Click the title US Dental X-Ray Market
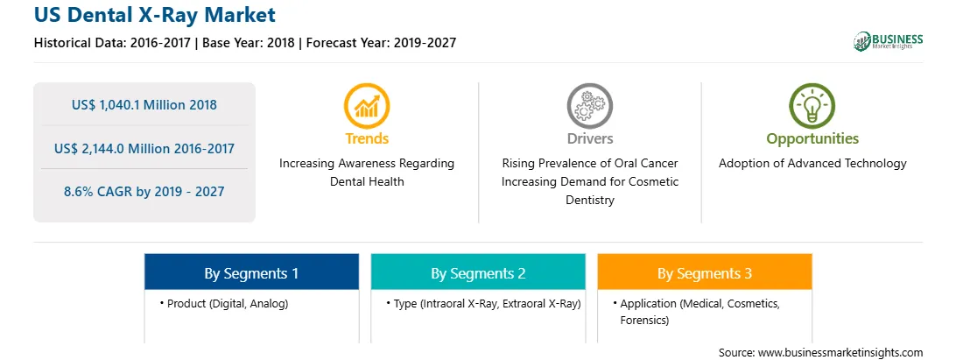[x=154, y=15]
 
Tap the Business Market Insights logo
[x=888, y=41]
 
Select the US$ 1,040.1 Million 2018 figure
[x=144, y=104]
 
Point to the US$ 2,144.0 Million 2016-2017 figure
[x=144, y=148]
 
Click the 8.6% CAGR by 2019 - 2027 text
[x=144, y=191]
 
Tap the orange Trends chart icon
[x=367, y=106]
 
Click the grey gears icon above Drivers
[x=589, y=106]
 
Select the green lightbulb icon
[x=812, y=106]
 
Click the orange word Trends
[x=367, y=138]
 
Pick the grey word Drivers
[x=589, y=138]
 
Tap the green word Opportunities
[x=812, y=138]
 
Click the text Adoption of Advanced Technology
[x=812, y=163]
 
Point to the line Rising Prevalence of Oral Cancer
[x=589, y=163]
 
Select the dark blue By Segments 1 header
[x=251, y=272]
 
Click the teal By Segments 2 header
[x=478, y=272]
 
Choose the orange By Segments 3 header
[x=704, y=272]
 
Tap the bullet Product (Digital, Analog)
[x=224, y=303]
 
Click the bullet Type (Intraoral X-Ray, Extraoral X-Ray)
[x=483, y=303]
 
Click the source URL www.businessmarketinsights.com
[x=840, y=352]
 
